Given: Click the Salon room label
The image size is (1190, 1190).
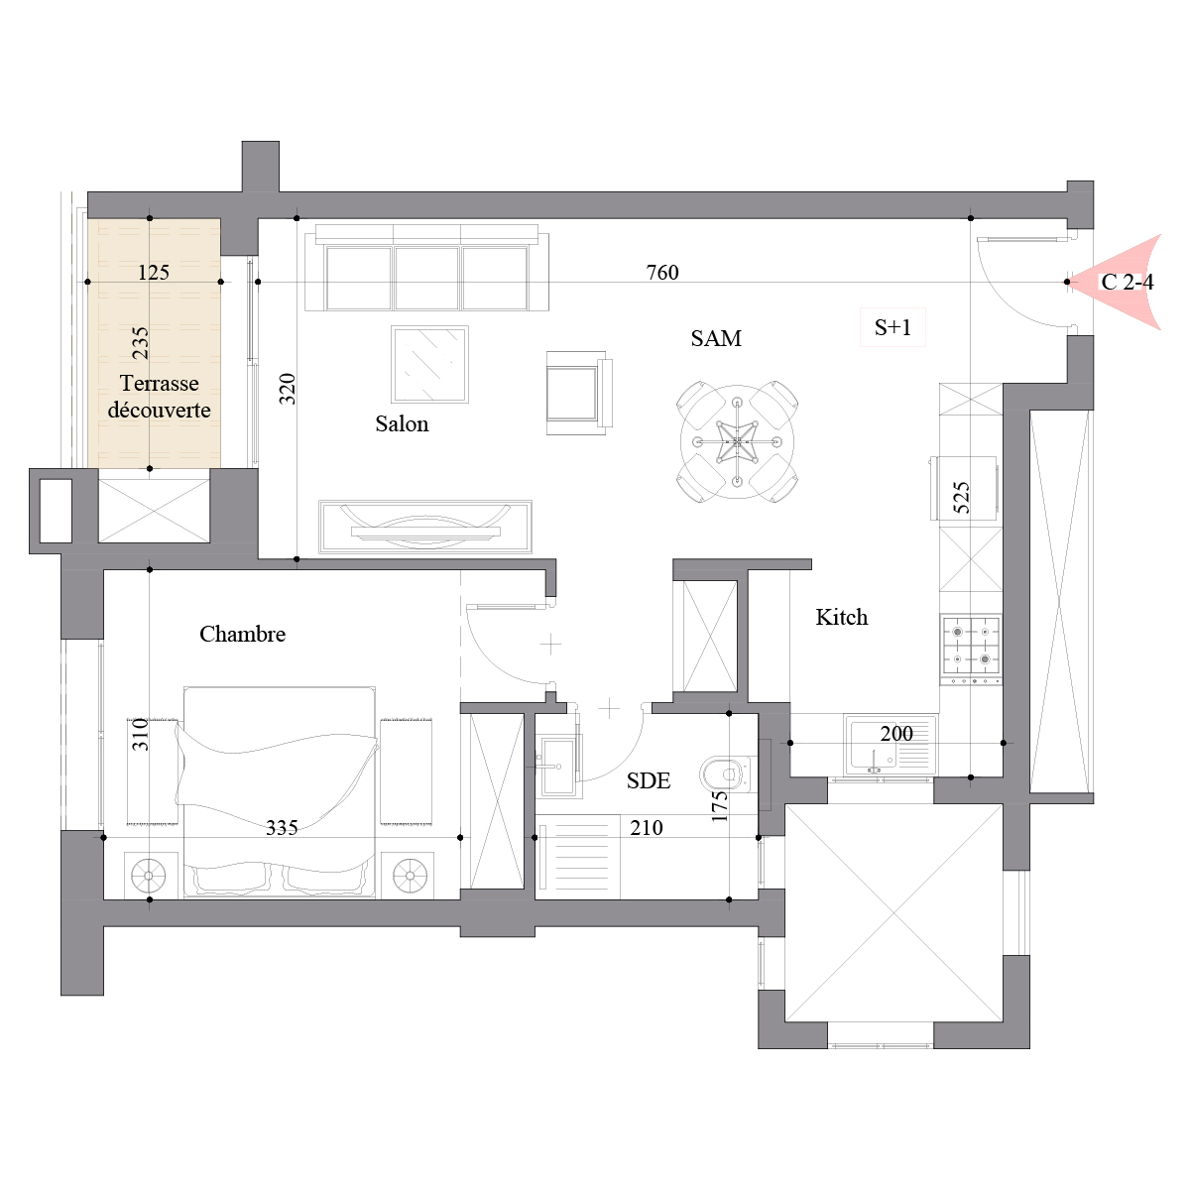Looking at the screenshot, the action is pyautogui.click(x=402, y=423).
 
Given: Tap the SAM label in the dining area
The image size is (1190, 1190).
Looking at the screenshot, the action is pyautogui.click(x=716, y=338).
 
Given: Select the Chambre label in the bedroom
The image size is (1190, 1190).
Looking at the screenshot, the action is pyautogui.click(x=242, y=634).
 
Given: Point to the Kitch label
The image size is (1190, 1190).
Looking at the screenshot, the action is pyautogui.click(x=841, y=617).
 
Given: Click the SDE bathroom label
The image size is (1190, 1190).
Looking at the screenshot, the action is pyautogui.click(x=648, y=780).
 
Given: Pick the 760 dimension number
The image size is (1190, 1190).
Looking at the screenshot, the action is pyautogui.click(x=662, y=273).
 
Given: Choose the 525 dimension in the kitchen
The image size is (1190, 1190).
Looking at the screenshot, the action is pyautogui.click(x=962, y=498).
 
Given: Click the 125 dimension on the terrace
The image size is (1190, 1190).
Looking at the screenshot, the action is pyautogui.click(x=153, y=273).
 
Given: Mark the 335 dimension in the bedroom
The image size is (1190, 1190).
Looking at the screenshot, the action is pyautogui.click(x=282, y=827).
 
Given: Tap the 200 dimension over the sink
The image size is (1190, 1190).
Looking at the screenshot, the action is pyautogui.click(x=896, y=734).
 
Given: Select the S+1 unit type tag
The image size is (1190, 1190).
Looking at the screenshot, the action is pyautogui.click(x=892, y=327).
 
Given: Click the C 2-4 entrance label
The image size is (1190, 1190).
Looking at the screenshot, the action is pyautogui.click(x=1127, y=283).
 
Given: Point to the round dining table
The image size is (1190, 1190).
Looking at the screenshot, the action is pyautogui.click(x=738, y=441).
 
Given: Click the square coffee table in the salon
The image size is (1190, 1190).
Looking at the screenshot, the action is pyautogui.click(x=429, y=364).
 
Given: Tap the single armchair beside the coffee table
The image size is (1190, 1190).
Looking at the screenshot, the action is pyautogui.click(x=579, y=393).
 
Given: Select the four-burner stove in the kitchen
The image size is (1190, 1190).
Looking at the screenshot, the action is pyautogui.click(x=971, y=650).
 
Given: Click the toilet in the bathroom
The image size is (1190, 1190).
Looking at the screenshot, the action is pyautogui.click(x=725, y=774).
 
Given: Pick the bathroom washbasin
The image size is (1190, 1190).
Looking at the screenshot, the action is pyautogui.click(x=557, y=766).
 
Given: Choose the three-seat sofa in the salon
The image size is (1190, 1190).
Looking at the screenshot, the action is pyautogui.click(x=426, y=268).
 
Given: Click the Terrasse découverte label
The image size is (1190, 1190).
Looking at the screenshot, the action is pyautogui.click(x=160, y=397).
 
